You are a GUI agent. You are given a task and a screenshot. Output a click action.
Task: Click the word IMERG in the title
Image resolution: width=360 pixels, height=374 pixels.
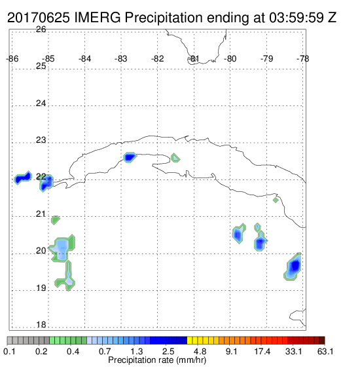click(x=98, y=18)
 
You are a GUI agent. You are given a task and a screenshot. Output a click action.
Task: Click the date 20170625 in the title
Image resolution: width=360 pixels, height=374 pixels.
click(x=39, y=18)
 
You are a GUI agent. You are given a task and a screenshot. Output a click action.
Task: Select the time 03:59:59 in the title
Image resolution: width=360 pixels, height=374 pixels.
click(x=297, y=18)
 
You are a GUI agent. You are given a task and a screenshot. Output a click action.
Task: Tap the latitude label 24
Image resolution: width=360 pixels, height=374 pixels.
click(x=41, y=103)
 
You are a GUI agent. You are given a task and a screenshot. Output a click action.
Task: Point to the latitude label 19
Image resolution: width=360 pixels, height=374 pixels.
click(x=41, y=288)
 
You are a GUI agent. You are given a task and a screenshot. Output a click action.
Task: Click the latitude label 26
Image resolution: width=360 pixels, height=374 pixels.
click(x=41, y=29)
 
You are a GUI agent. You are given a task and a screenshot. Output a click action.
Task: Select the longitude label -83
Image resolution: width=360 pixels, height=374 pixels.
click(x=121, y=59)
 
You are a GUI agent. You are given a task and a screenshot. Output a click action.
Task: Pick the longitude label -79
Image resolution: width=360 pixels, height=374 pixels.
click(x=266, y=59)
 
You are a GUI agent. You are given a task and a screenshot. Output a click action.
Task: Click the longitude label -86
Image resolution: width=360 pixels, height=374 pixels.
click(x=12, y=59)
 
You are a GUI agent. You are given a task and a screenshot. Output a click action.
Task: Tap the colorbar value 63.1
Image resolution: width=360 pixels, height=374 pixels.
click(x=325, y=351)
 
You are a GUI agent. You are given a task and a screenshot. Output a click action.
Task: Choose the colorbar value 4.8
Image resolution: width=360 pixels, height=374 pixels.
click(x=200, y=351)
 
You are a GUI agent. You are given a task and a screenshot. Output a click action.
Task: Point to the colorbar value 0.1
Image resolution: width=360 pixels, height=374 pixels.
click(x=10, y=351)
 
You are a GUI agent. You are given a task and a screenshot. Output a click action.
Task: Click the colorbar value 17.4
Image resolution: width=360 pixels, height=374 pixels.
click(x=262, y=351)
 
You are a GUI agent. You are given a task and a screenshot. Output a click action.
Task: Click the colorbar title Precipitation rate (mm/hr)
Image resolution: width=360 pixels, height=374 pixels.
click(x=157, y=360)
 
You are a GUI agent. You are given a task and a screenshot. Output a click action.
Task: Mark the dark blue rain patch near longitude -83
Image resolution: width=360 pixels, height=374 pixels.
click(x=130, y=157)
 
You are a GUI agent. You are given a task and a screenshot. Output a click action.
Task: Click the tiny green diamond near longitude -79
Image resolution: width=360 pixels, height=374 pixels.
click(x=276, y=200)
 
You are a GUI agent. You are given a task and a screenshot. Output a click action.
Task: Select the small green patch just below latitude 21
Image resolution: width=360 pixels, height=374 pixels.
click(x=55, y=220)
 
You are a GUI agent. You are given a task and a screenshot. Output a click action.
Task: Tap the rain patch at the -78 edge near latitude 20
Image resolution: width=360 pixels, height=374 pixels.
click(x=293, y=267)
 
